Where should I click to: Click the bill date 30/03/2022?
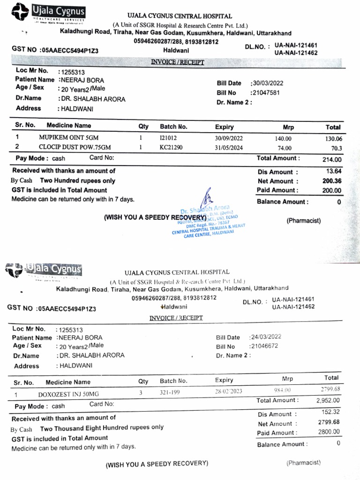[x=268, y=83]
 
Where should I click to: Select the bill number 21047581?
[x=266, y=93]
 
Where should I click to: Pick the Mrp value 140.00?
[x=283, y=139]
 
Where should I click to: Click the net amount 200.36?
[x=332, y=181]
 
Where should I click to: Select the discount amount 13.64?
[x=334, y=172]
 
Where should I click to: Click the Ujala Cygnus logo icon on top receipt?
[x=21, y=12]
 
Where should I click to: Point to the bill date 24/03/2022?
[x=266, y=337]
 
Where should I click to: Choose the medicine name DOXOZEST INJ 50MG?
[x=68, y=393]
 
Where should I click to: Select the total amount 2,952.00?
[x=328, y=401]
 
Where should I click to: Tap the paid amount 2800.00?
[x=329, y=432]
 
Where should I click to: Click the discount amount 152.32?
[x=330, y=412]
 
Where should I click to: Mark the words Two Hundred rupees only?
[x=77, y=180]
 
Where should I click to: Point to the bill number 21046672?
[x=264, y=346]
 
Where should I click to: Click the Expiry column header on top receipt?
[x=224, y=127]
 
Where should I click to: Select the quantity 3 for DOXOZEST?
[x=140, y=393]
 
